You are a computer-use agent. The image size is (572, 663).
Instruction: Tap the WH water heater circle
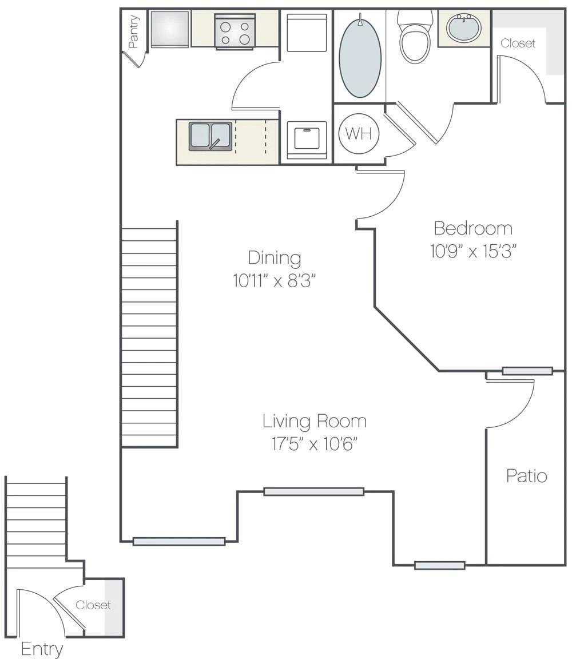[x=359, y=134]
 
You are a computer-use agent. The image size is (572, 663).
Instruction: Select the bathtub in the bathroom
[x=360, y=57]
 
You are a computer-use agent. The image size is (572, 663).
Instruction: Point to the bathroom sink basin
[x=463, y=27]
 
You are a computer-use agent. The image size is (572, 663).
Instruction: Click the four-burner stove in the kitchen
[x=235, y=32]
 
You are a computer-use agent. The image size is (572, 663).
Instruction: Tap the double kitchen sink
[x=210, y=136]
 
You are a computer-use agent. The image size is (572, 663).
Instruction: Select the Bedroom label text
[x=473, y=228]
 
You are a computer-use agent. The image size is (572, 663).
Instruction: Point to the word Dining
[x=275, y=257]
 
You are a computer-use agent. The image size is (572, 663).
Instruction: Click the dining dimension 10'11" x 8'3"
[x=275, y=281]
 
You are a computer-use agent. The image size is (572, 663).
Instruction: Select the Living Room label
[x=315, y=422]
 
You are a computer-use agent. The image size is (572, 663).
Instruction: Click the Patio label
[x=527, y=476]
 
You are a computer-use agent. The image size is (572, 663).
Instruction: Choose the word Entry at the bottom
[x=42, y=649]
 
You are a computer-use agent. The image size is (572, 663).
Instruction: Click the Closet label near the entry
[x=93, y=605]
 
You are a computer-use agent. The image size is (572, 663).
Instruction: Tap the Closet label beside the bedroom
[x=518, y=43]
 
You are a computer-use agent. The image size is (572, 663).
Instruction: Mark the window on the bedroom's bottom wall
[x=527, y=371]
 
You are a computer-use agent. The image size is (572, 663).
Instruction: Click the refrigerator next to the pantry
[x=170, y=29]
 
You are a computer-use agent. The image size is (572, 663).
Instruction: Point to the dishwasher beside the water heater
[x=306, y=139]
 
